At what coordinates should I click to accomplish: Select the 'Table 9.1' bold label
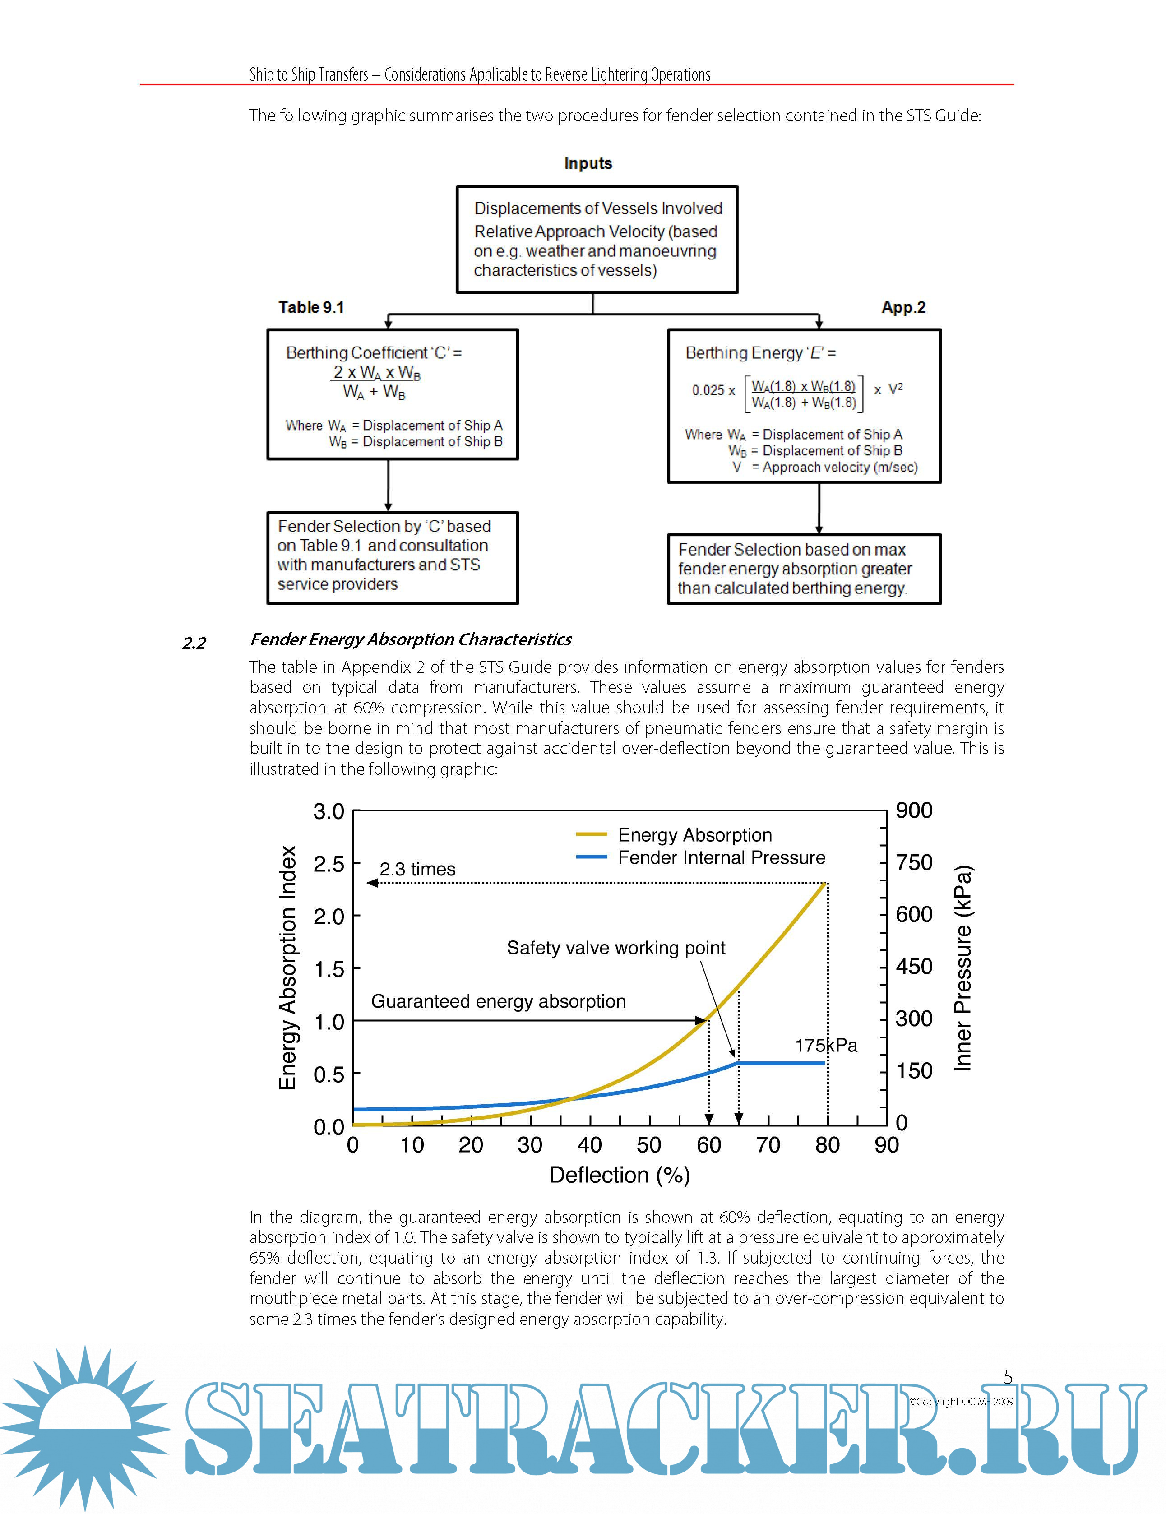[311, 307]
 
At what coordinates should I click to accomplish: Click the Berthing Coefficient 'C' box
[393, 394]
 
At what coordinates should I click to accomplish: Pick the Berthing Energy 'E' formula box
[804, 406]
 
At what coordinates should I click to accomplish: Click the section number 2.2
[194, 644]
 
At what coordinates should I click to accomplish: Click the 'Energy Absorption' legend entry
[694, 835]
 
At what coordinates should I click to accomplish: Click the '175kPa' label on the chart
[826, 1046]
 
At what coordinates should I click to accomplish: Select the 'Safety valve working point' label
[615, 948]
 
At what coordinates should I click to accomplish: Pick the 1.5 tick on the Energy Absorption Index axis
[329, 969]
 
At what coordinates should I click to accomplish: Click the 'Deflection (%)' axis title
[619, 1175]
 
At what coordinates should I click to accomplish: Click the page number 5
[1008, 1377]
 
